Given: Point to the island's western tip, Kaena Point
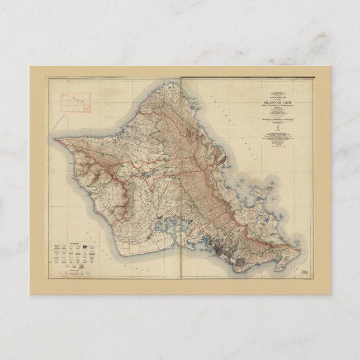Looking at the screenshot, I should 56,139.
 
